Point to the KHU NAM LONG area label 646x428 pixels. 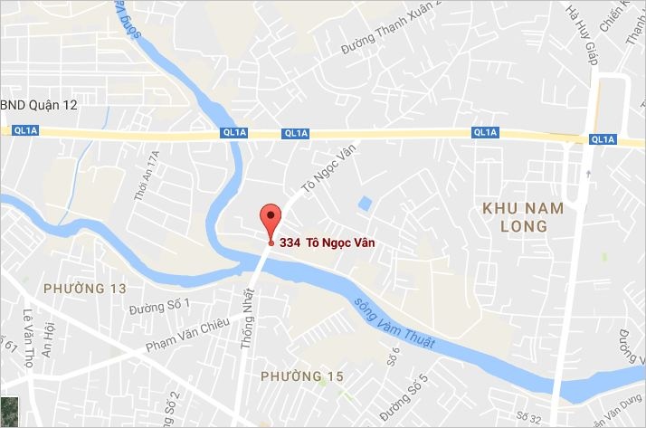coord(523,217)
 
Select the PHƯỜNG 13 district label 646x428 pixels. coord(84,289)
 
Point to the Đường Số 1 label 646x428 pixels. coord(160,307)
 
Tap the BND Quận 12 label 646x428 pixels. coord(40,105)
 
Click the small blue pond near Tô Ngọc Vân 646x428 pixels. coord(364,202)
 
